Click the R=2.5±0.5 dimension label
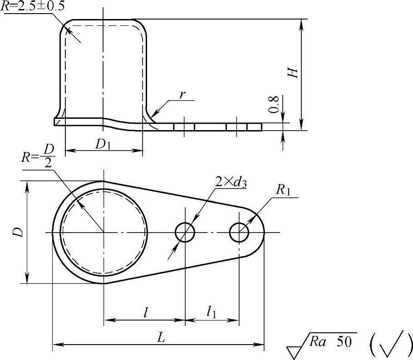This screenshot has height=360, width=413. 33,6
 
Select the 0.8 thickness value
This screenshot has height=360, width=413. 275,104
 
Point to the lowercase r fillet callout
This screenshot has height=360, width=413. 182,95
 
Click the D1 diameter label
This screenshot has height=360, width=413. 103,144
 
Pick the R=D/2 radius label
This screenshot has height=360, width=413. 38,157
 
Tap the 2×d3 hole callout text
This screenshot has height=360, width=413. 231,182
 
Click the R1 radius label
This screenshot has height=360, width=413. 283,190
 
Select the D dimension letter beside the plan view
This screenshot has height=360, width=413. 19,232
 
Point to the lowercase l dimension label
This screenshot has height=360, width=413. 145,312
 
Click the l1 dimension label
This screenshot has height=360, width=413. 211,312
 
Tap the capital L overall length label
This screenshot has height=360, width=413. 161,337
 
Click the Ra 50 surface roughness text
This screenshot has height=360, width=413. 330,341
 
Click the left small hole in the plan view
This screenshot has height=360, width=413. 185,232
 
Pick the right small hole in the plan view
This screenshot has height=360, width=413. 239,232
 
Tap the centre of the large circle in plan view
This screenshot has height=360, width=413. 103,232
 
